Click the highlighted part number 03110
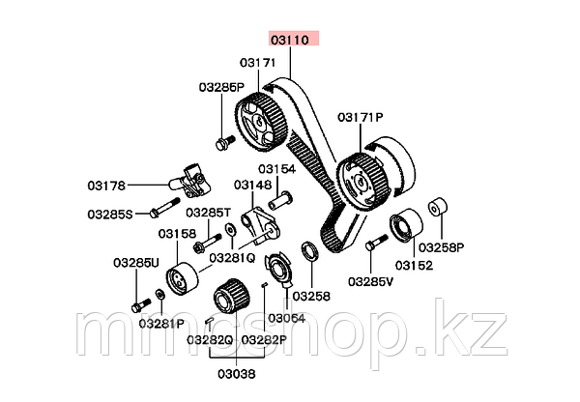(x=291, y=41)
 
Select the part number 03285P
(x=222, y=87)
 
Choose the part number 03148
(x=253, y=184)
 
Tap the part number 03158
(x=177, y=234)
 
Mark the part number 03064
(x=286, y=318)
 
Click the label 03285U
(x=131, y=261)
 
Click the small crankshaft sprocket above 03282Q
(x=229, y=294)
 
